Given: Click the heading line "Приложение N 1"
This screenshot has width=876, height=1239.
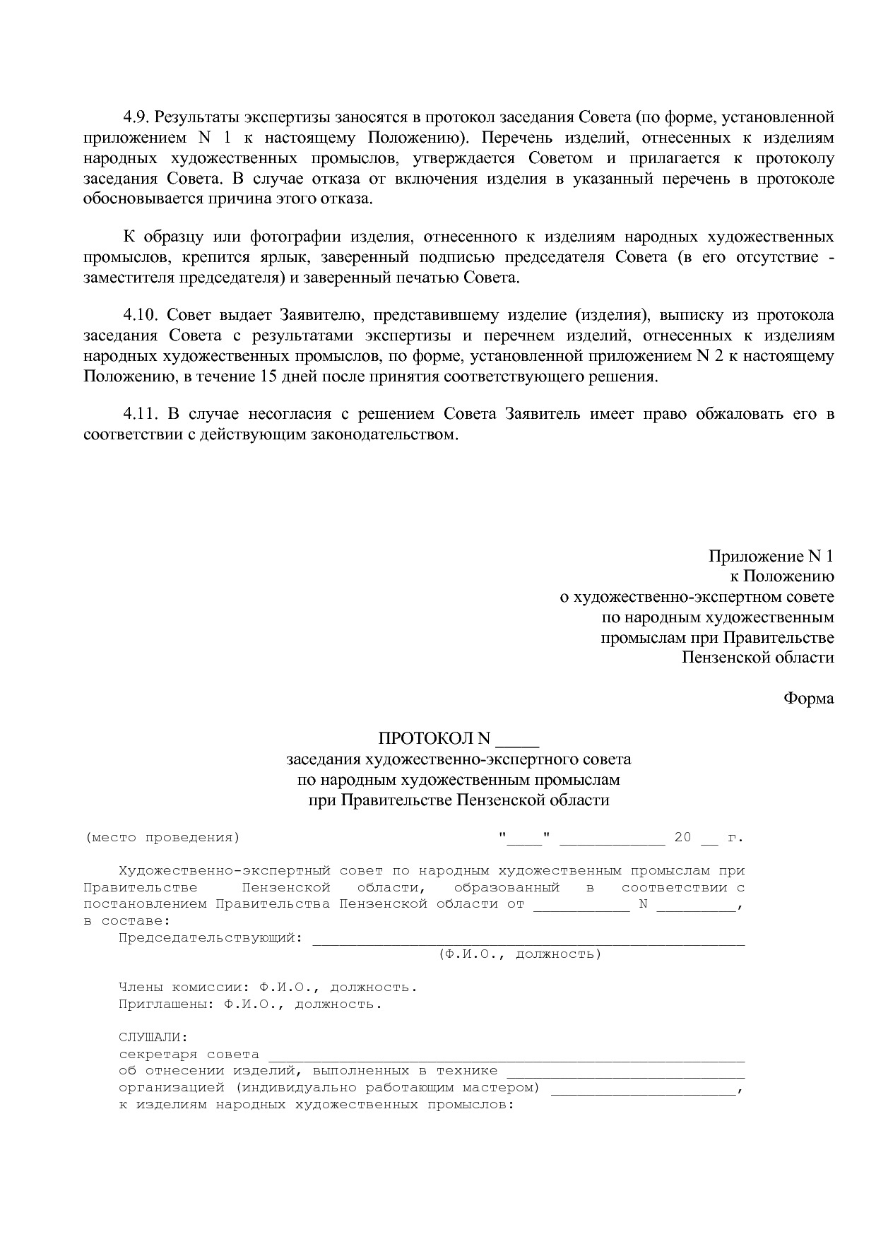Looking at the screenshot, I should click(771, 557).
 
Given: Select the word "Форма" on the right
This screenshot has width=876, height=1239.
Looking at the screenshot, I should click(808, 699).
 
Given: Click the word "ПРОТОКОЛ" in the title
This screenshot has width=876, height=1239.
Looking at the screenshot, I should click(426, 739).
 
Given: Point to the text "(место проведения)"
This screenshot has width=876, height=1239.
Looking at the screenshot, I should click(162, 838).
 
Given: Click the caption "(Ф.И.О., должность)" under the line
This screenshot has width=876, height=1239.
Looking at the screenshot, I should click(519, 954).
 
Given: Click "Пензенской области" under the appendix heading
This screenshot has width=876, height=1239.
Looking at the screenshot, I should click(757, 658).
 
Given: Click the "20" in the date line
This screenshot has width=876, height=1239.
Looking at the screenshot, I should click(682, 838).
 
